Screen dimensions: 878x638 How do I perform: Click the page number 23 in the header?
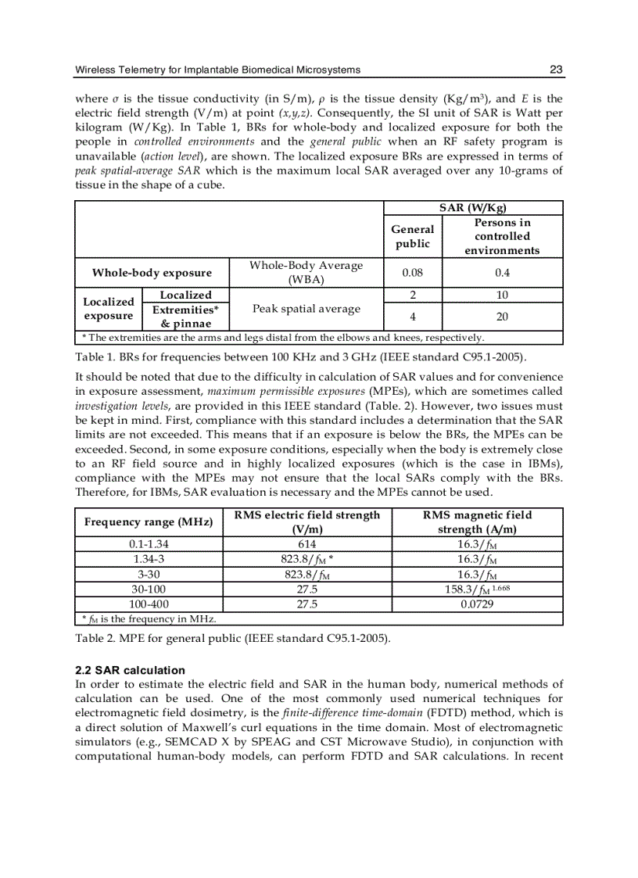(x=556, y=70)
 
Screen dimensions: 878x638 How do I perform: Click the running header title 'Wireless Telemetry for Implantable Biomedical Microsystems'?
(x=217, y=70)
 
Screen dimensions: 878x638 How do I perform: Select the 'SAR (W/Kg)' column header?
(x=473, y=208)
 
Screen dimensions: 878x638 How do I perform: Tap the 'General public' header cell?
(x=412, y=236)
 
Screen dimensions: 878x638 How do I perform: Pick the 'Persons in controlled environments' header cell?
(x=501, y=236)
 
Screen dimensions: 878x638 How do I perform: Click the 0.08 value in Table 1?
(x=412, y=273)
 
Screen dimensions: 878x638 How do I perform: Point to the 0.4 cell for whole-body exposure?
(x=502, y=273)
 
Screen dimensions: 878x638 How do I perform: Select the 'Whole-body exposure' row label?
(x=152, y=273)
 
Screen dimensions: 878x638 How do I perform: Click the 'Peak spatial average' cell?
(x=307, y=309)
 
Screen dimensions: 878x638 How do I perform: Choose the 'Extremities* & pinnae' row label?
(x=185, y=317)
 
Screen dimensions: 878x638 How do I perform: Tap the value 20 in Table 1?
(x=502, y=317)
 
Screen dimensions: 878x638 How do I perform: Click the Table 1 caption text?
(x=300, y=357)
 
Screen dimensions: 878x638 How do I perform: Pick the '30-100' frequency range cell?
(x=149, y=589)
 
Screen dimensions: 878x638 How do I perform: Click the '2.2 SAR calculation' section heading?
(x=130, y=670)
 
